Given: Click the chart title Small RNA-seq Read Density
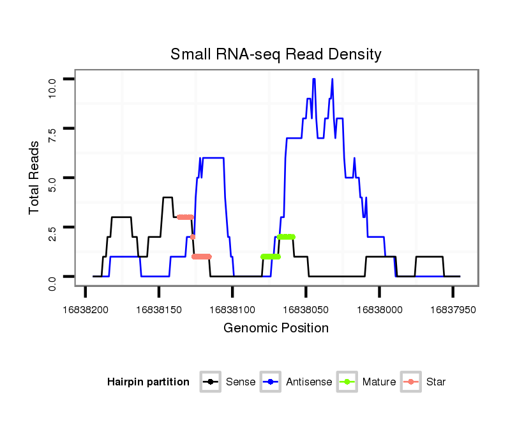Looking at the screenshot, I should click(x=276, y=54).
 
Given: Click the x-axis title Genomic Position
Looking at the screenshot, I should click(x=276, y=329).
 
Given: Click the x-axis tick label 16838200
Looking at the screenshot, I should click(x=86, y=309).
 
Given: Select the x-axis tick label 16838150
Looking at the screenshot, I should click(x=159, y=309).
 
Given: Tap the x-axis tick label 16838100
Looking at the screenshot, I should click(x=232, y=309).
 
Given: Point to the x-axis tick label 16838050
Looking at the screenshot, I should click(x=306, y=309).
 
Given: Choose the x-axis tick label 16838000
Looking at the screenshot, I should click(x=379, y=309).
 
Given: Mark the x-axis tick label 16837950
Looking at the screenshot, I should click(x=453, y=309).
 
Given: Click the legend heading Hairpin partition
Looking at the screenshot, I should click(x=148, y=382).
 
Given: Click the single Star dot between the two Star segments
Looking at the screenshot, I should click(x=193, y=236).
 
